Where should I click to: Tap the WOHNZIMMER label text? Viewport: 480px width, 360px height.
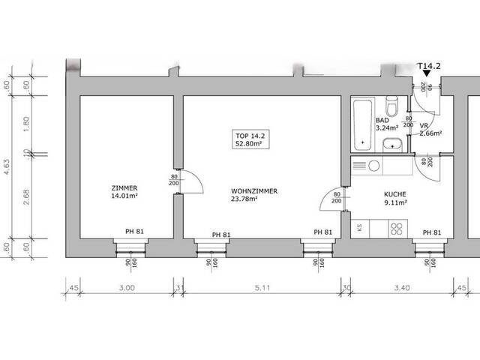pos(254,191)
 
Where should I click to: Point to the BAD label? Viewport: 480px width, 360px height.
pos(382,120)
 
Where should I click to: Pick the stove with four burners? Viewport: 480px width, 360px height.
pos(395,226)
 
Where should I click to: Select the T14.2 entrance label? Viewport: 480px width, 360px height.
pos(427,66)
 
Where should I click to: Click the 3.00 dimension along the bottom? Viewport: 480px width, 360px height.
pos(126,287)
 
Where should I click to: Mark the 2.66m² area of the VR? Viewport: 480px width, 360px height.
pos(430,133)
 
